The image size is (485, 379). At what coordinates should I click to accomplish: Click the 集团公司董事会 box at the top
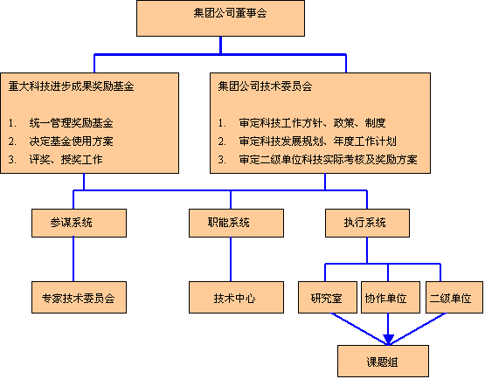220,18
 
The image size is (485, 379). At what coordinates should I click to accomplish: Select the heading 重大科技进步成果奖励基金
71,86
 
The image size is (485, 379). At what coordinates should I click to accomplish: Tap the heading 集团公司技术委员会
265,86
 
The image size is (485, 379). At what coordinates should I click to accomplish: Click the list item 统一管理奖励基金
71,123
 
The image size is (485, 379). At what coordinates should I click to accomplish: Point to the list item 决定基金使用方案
71,141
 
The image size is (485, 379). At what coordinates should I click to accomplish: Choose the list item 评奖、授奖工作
66,160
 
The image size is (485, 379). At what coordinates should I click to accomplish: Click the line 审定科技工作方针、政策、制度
312,123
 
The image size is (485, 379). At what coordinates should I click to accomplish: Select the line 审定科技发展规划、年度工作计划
318,141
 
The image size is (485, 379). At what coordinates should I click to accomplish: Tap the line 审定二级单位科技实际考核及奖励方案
329,160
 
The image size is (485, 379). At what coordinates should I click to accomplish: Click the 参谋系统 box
79,223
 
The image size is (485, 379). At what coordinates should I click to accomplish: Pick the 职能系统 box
236,223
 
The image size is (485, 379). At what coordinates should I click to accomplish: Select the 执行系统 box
367,223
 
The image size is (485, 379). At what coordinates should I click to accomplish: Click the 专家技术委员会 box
79,297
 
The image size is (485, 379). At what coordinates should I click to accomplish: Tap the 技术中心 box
236,297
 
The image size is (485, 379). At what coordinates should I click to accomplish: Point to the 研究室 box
328,297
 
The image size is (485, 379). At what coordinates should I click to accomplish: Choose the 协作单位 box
391,297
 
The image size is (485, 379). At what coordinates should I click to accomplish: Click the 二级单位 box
454,297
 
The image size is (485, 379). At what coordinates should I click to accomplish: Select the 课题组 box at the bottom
383,361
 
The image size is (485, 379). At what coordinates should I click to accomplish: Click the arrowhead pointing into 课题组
388,339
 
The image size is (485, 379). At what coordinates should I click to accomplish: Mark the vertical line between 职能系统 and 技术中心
231,259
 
